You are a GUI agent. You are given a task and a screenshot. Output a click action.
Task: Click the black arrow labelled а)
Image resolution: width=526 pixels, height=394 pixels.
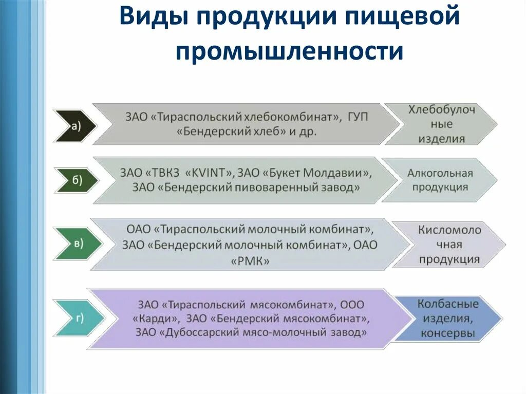pos(74,125)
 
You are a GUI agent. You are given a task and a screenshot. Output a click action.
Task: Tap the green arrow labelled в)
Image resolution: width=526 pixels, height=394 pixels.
pos(78,243)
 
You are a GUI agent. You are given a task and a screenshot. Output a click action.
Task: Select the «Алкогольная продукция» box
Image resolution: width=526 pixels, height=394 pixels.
pos(440,180)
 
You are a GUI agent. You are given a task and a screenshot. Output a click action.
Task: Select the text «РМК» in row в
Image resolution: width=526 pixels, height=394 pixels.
pos(253,261)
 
